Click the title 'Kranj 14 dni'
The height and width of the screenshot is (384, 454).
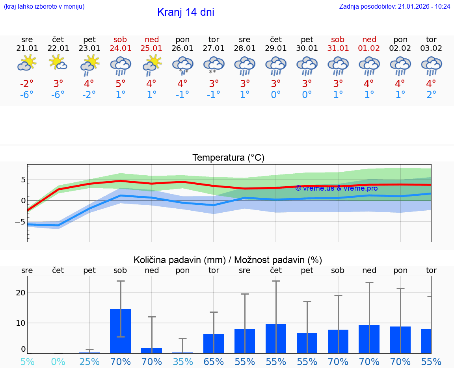[x=186, y=12]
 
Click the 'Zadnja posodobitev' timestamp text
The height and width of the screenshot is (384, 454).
[x=394, y=7]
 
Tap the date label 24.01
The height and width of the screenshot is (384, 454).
[x=121, y=48]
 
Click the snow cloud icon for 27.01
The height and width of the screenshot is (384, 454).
[x=214, y=65]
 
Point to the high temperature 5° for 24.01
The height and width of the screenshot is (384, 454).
[x=121, y=83]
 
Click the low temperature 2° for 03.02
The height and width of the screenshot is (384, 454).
[x=432, y=95]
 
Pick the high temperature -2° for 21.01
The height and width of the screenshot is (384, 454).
[x=27, y=83]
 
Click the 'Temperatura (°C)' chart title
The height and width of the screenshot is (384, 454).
[x=228, y=158]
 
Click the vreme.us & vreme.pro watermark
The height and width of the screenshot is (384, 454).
[x=336, y=188]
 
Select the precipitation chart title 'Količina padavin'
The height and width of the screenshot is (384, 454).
[x=228, y=260]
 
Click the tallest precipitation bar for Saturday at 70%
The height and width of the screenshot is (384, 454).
[x=121, y=331]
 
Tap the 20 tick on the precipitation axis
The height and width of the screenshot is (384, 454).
[x=20, y=293]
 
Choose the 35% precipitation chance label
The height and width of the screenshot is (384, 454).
[x=182, y=362]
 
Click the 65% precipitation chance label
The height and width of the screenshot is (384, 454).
[x=214, y=362]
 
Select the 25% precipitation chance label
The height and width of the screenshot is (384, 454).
[x=89, y=362]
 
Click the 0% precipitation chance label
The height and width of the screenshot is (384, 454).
[x=58, y=362]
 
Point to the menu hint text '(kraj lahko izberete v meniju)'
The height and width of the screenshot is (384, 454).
[x=44, y=7]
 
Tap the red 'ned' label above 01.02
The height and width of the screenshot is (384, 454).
[x=369, y=39]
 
